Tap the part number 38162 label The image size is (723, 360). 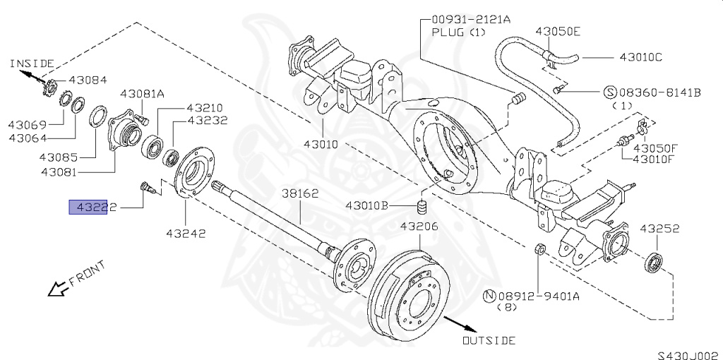(301, 193)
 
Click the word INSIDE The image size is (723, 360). (32, 64)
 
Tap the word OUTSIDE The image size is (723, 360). (489, 341)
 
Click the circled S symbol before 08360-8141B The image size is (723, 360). (610, 92)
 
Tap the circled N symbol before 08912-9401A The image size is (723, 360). (487, 296)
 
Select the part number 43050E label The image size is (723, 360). (558, 31)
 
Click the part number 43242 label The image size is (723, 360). (186, 232)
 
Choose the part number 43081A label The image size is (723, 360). (142, 93)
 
